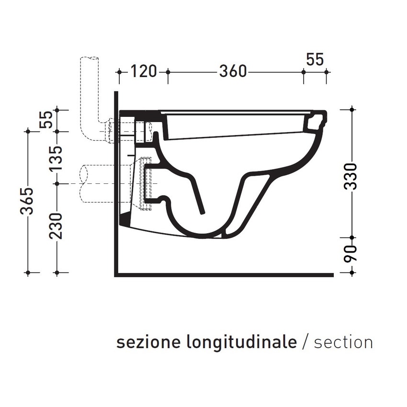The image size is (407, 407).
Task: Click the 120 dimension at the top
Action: point(144,72)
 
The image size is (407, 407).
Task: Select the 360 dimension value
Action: point(233,72)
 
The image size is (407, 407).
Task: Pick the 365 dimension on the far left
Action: point(29,202)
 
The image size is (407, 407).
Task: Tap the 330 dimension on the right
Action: point(352,176)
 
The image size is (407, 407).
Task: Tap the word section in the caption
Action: point(343,342)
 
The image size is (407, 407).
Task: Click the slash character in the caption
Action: point(306,342)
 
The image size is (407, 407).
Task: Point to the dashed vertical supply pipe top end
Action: point(90,58)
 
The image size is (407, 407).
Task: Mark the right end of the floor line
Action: point(332,275)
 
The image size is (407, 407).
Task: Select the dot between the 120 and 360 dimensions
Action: point(168,72)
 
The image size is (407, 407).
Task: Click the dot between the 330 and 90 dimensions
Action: point(352,237)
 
